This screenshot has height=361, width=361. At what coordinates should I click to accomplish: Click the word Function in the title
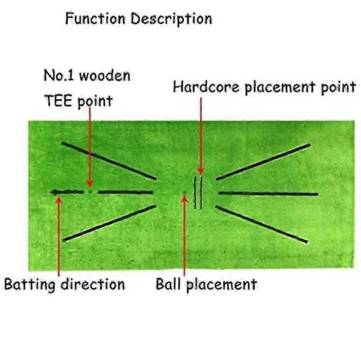point(95,19)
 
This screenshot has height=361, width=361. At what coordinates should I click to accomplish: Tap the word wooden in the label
point(105,76)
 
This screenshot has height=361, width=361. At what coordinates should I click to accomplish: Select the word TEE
point(58,100)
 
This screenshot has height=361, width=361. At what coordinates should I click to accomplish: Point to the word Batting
point(30,284)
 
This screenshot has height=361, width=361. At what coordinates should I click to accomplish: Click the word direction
point(93,284)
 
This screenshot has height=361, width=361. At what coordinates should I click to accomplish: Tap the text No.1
point(59,75)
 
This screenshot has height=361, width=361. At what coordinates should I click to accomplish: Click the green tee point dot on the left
point(90,191)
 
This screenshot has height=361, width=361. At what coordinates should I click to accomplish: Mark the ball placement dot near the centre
point(184,192)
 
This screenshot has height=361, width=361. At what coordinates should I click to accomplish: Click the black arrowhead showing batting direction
point(54,192)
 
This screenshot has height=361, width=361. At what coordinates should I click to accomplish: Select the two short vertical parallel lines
point(198,193)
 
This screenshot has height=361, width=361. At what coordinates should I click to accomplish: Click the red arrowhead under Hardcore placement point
point(201,171)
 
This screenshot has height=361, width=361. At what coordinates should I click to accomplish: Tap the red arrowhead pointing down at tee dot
point(90,183)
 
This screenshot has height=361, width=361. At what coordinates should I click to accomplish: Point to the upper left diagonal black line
point(109,161)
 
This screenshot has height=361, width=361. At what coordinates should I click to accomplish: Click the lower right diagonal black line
point(261,224)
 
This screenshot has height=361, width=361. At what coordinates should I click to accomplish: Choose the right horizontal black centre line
point(268,194)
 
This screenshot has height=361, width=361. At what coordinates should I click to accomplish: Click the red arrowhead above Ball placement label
point(184,199)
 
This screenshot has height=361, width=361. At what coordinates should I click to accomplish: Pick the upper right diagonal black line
point(263,162)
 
